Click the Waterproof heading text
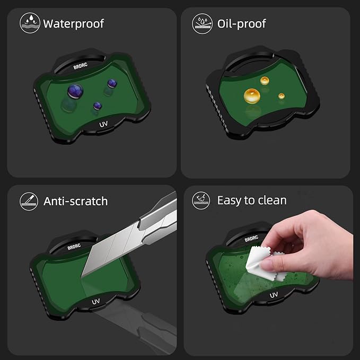(x=74, y=24)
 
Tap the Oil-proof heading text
(x=242, y=24)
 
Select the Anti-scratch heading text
(x=75, y=201)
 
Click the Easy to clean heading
(x=252, y=200)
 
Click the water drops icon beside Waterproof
(x=30, y=23)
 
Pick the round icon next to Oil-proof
(x=203, y=23)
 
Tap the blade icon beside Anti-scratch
(x=29, y=201)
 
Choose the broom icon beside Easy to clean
(x=201, y=200)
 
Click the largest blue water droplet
(x=75, y=91)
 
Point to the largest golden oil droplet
(x=252, y=96)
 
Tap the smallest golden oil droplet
(x=282, y=96)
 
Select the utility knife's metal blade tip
(x=83, y=275)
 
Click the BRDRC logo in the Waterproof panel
(x=81, y=66)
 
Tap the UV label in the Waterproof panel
(x=103, y=124)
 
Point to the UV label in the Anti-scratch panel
(x=96, y=302)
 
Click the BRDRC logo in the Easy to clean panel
(x=251, y=239)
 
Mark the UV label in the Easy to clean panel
(x=274, y=295)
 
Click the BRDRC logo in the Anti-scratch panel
(x=74, y=247)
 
